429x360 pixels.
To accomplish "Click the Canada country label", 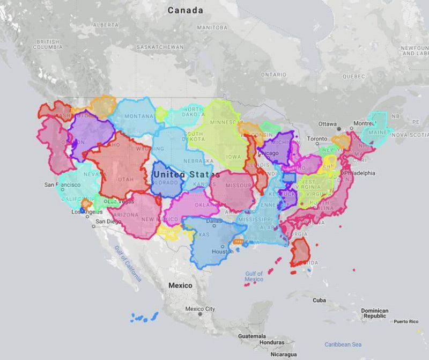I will click(185, 10).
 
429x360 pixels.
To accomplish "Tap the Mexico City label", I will click(200, 309).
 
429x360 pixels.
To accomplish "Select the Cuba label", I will click(319, 300).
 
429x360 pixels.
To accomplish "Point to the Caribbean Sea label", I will click(343, 344).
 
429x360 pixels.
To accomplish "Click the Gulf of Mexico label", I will click(254, 276).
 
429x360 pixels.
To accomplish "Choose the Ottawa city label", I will click(327, 124).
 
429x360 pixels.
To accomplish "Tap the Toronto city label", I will click(317, 139).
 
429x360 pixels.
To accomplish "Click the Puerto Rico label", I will click(405, 321).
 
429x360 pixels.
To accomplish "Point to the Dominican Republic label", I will click(374, 313).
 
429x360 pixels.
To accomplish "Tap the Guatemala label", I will click(252, 336).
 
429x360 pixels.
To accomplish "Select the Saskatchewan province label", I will click(160, 47).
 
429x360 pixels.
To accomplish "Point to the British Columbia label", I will click(48, 44).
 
